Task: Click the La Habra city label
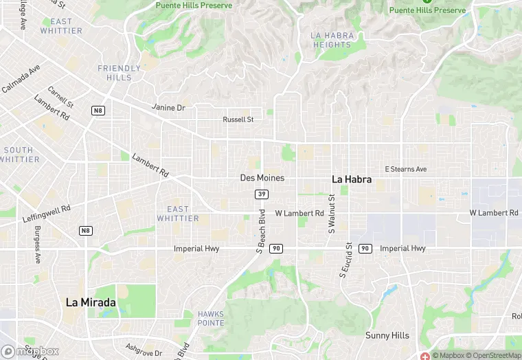[352, 179]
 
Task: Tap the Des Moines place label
[262, 178]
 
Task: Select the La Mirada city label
[91, 302]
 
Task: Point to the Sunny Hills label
[387, 336]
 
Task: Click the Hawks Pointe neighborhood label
[211, 318]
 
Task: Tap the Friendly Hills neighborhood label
[119, 73]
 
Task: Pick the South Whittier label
[18, 155]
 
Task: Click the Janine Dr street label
[168, 108]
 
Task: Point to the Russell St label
[238, 119]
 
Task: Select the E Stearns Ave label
[405, 169]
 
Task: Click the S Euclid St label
[344, 260]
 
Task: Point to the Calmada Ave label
[21, 79]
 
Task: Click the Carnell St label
[60, 97]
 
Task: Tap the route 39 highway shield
[262, 194]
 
